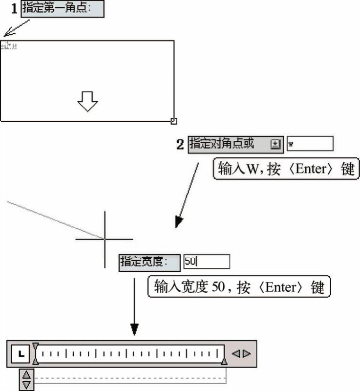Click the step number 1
point(14,9)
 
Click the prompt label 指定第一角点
point(62,9)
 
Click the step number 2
point(180,144)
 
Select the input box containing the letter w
point(310,144)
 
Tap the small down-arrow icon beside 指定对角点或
point(275,144)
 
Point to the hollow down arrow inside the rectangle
point(87,101)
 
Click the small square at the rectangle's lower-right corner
point(174,121)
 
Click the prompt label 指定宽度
point(149,262)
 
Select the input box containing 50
point(206,262)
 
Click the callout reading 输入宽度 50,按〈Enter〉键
point(239,286)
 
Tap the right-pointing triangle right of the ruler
point(247,353)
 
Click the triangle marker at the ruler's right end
point(224,361)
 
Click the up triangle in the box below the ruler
point(26,374)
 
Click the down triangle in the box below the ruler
point(26,384)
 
